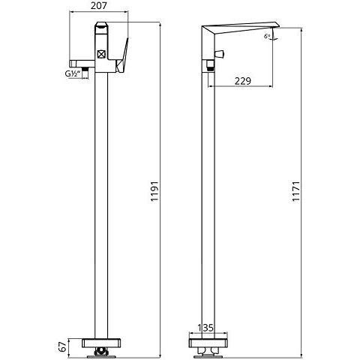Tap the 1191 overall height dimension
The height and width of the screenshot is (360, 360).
coord(155,191)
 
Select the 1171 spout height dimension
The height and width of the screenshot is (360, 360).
coord(296,191)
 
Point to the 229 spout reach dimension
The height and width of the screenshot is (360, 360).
coord(243,81)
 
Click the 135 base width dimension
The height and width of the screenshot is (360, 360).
coord(205,328)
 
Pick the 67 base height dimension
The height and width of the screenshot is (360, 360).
coord(64,346)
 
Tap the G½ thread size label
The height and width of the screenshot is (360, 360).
coord(73,73)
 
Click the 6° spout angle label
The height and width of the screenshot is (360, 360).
coord(267,36)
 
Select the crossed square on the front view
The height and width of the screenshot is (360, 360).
coord(101,54)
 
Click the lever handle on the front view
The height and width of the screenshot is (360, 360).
coord(123,56)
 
